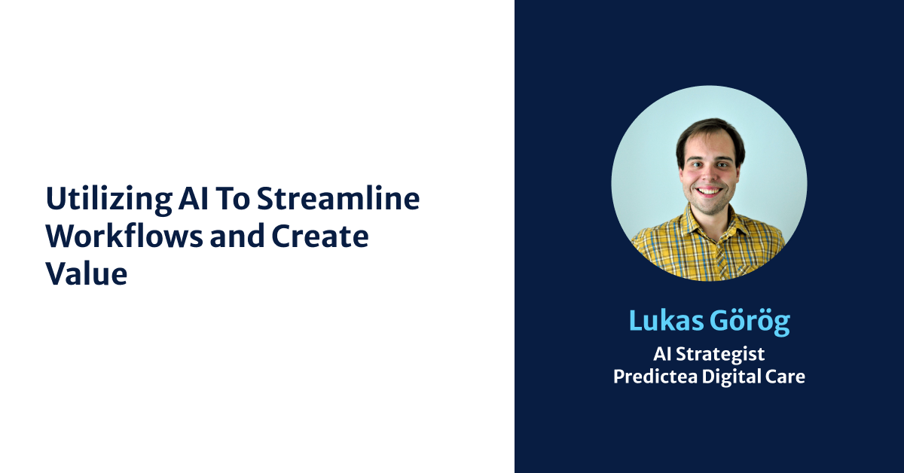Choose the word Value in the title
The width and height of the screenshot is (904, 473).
86,273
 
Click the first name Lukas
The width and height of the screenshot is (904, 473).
666,321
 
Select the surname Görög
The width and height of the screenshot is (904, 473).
750,321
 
